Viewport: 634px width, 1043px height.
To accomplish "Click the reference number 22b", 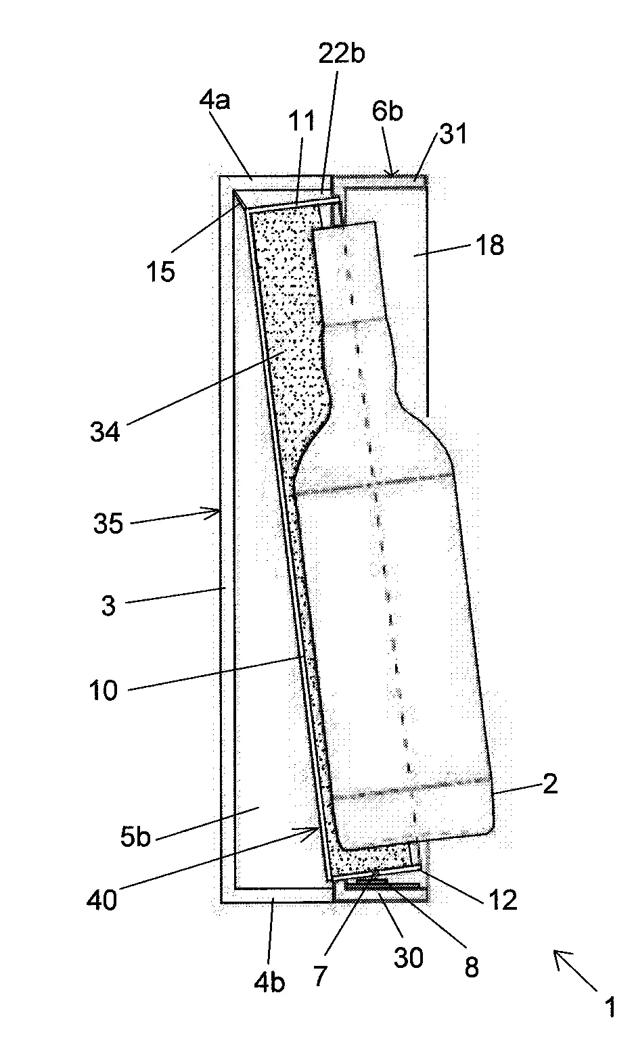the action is tap(342, 53).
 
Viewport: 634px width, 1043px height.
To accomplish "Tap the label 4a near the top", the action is tap(214, 100).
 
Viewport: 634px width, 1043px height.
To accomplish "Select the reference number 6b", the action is tap(387, 112).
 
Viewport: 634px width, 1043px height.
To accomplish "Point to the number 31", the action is tap(453, 134).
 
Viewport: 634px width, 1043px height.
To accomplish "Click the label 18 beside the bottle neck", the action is tap(490, 245).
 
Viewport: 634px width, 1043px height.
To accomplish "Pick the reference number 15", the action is tap(161, 271).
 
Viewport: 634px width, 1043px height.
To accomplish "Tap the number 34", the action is tap(105, 432).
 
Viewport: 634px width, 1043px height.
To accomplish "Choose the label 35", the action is tap(108, 524).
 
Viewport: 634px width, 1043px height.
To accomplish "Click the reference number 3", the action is tap(108, 606).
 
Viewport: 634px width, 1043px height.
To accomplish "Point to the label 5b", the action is tap(135, 837).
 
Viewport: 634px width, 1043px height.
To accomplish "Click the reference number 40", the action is tap(102, 900).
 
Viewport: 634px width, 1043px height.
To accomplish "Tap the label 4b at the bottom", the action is tap(269, 983).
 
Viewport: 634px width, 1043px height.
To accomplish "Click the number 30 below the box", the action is tap(408, 958).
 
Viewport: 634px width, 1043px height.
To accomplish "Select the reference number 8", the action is tap(472, 967).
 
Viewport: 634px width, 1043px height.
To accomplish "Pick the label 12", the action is tap(503, 900).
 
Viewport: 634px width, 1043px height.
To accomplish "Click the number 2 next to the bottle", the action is tap(550, 784).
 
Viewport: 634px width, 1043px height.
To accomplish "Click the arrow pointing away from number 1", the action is tap(575, 970).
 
